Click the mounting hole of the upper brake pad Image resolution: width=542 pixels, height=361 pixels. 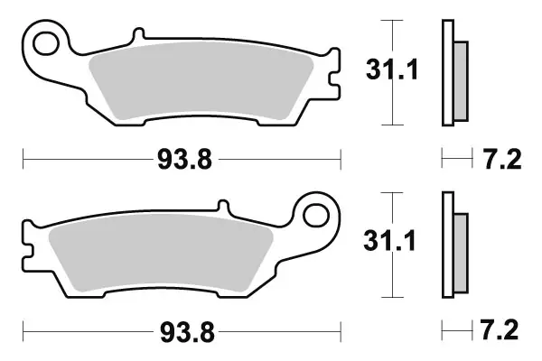point(46,42)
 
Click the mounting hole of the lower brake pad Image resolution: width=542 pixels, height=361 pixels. point(317,214)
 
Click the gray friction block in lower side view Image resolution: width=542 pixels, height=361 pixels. point(459,254)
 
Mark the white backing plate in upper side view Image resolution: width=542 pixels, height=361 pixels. point(446,72)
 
